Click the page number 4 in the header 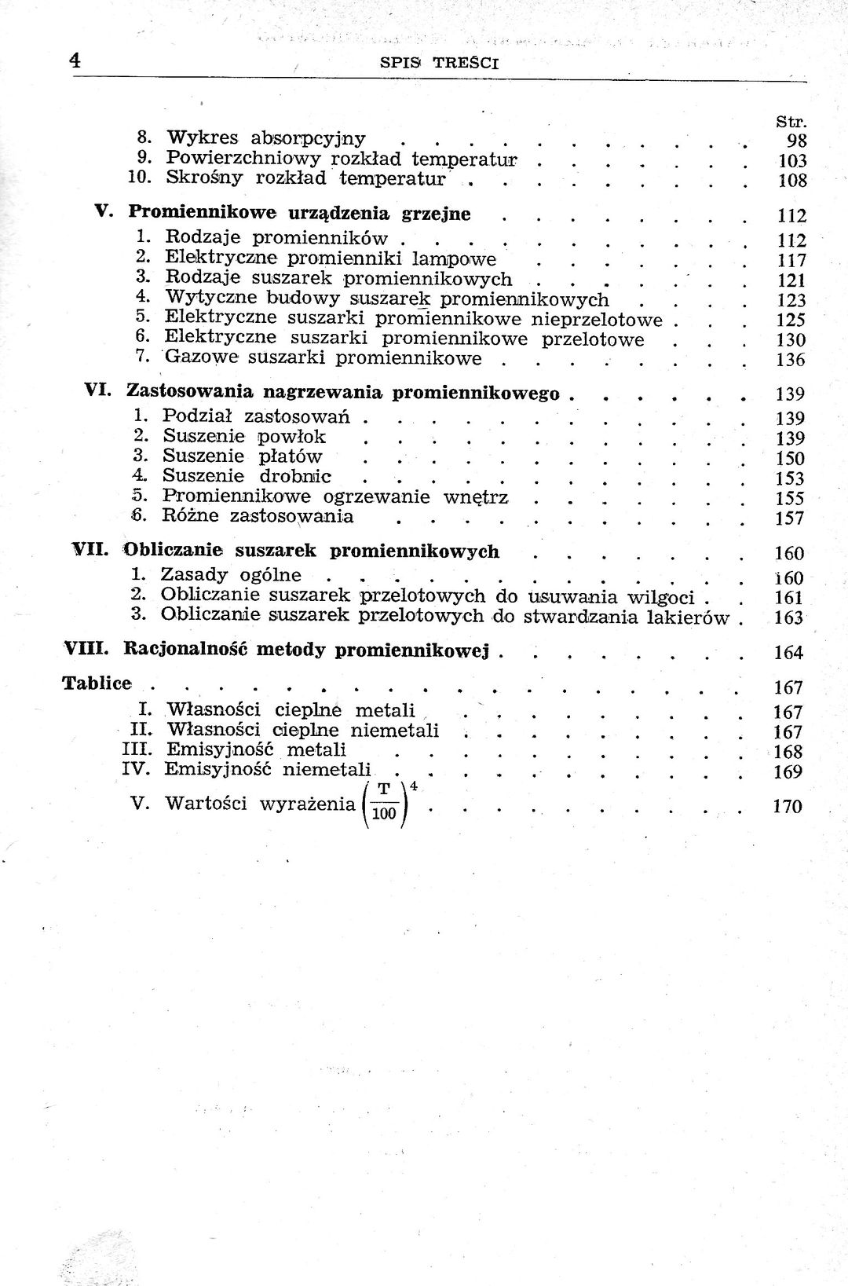(76, 60)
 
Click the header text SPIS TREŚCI (439, 64)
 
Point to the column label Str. (791, 122)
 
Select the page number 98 (796, 141)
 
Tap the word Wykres (202, 139)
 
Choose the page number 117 (791, 260)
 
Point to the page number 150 (789, 459)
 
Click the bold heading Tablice (97, 683)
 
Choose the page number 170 (788, 807)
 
